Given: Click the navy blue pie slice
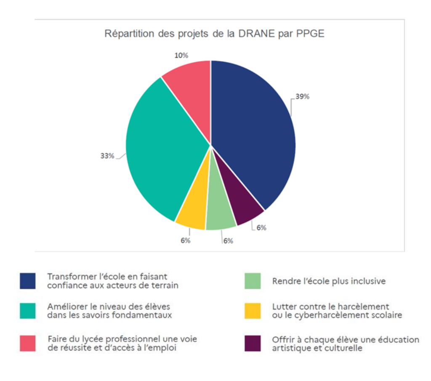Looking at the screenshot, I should pyautogui.click(x=253, y=135).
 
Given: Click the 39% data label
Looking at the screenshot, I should pyautogui.click(x=303, y=96).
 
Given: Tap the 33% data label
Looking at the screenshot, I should pyautogui.click(x=107, y=156).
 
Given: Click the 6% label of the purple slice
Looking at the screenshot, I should pyautogui.click(x=261, y=228).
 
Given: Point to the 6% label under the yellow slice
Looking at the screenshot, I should pyautogui.click(x=186, y=241).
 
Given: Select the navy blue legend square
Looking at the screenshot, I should pyautogui.click(x=28, y=281).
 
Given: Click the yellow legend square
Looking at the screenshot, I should pyautogui.click(x=253, y=310).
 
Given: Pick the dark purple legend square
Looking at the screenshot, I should pyautogui.click(x=253, y=343).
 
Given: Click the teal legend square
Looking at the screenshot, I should pyautogui.click(x=28, y=310).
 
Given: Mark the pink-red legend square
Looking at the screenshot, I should pyautogui.click(x=28, y=343).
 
